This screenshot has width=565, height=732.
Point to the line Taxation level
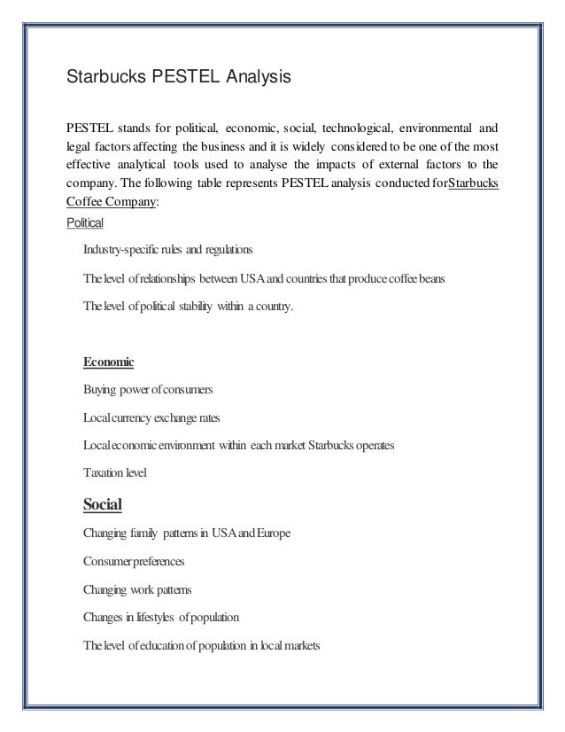(114, 474)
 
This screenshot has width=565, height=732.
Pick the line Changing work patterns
(136, 588)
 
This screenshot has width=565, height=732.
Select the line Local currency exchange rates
(155, 417)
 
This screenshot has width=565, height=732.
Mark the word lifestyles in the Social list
(157, 617)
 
